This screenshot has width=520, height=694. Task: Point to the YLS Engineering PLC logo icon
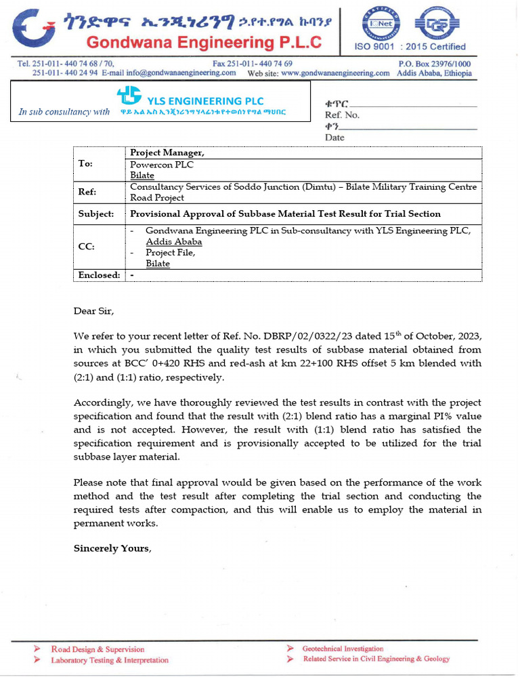tap(129, 96)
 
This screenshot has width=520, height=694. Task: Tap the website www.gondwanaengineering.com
tap(335, 73)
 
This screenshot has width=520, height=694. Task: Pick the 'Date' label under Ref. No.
tap(334, 138)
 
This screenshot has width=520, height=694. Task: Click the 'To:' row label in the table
tap(86, 164)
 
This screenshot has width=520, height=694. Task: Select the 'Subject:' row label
tap(96, 214)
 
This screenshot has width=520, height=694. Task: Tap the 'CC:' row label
tap(86, 247)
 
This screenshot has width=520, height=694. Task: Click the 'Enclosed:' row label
tap(99, 275)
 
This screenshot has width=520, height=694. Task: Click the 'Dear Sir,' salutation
tap(94, 311)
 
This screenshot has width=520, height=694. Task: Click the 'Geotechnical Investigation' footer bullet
tap(343, 649)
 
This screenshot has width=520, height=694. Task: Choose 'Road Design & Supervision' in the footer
tap(97, 649)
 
